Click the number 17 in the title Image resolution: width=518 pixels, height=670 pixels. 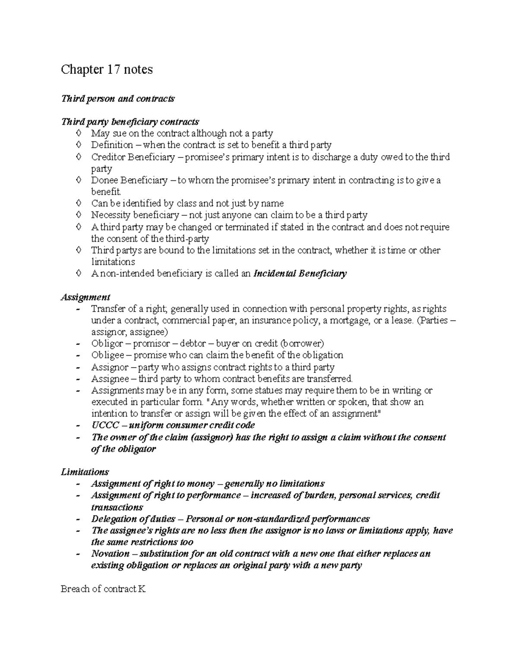pos(114,69)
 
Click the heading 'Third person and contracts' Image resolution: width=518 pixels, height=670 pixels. pos(118,98)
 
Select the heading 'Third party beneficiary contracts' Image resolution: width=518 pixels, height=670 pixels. pos(130,122)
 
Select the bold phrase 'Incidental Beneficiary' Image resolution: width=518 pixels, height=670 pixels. pos(300,274)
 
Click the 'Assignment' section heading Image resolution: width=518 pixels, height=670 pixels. pos(85,297)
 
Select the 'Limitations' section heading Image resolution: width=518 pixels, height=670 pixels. pos(85,472)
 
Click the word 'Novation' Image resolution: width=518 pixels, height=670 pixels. pos(110,554)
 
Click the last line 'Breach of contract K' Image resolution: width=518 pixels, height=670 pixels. pos(104,589)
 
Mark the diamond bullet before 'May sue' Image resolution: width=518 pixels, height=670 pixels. pos(78,134)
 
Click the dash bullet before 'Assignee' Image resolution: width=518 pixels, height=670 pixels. pos(78,379)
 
